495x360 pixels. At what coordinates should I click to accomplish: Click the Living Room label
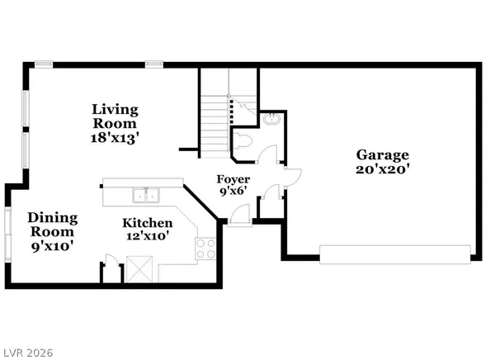pyautogui.click(x=115, y=116)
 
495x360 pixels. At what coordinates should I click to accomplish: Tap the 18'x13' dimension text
pyautogui.click(x=115, y=138)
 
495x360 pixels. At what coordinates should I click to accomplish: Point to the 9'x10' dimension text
pyautogui.click(x=53, y=246)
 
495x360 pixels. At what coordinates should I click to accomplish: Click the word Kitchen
pyautogui.click(x=148, y=223)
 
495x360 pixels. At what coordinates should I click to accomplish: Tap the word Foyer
pyautogui.click(x=233, y=179)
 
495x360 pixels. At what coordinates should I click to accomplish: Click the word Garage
pyautogui.click(x=383, y=154)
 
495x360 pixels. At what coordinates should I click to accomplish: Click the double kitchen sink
pyautogui.click(x=146, y=196)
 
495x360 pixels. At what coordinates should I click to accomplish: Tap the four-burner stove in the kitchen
pyautogui.click(x=206, y=247)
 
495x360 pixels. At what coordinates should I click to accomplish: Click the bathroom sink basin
pyautogui.click(x=271, y=121)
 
